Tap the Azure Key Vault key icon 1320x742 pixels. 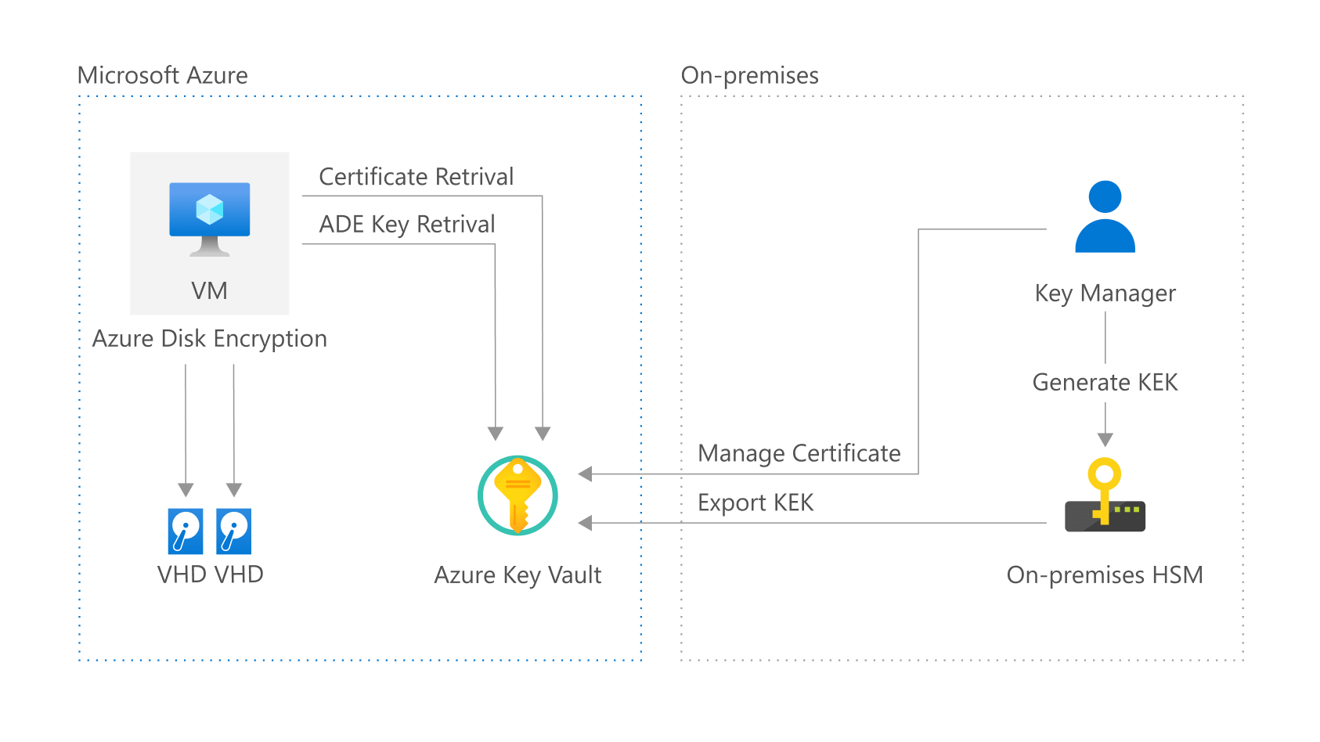pyautogui.click(x=518, y=495)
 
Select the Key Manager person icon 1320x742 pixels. pyautogui.click(x=1105, y=217)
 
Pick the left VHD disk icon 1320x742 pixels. pyautogui.click(x=186, y=531)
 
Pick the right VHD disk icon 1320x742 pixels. pyautogui.click(x=233, y=531)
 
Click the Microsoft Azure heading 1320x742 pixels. pyautogui.click(x=162, y=75)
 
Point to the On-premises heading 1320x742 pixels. pyautogui.click(x=749, y=75)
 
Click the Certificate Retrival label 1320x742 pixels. pyautogui.click(x=416, y=177)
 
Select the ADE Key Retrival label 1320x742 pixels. pyautogui.click(x=406, y=225)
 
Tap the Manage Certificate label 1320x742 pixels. pyautogui.click(x=799, y=453)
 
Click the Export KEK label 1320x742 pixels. pyautogui.click(x=756, y=502)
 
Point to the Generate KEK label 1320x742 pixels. pyautogui.click(x=1105, y=382)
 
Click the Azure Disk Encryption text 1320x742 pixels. pyautogui.click(x=209, y=338)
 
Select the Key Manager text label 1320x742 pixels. pyautogui.click(x=1105, y=293)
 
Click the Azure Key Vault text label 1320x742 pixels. pyautogui.click(x=518, y=575)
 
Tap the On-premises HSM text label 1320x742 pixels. pyautogui.click(x=1104, y=575)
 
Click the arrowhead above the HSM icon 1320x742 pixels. pyautogui.click(x=1105, y=440)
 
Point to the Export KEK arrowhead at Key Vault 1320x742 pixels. pyautogui.click(x=585, y=523)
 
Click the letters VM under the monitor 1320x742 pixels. pyautogui.click(x=209, y=291)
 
